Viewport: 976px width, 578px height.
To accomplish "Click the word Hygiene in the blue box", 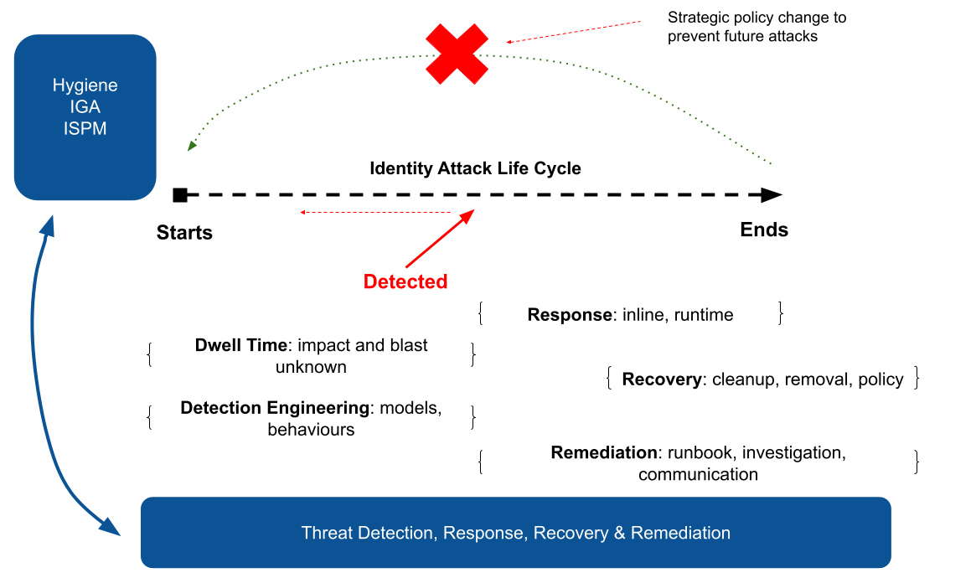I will point(85,85).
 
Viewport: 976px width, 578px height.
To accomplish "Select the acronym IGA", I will point(85,107).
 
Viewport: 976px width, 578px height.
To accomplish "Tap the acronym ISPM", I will point(85,129).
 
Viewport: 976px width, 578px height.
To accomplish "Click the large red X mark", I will point(457,54).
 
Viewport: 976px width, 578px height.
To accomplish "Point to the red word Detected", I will point(405,282).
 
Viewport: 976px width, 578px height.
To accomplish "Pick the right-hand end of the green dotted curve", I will point(769,163).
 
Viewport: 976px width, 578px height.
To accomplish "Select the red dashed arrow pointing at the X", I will point(574,32).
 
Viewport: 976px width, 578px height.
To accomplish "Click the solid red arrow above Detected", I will point(437,240).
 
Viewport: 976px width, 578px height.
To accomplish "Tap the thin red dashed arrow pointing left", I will point(377,213).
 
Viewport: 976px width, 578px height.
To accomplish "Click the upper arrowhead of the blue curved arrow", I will point(48,224).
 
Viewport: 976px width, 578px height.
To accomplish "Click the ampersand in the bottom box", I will point(620,533).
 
